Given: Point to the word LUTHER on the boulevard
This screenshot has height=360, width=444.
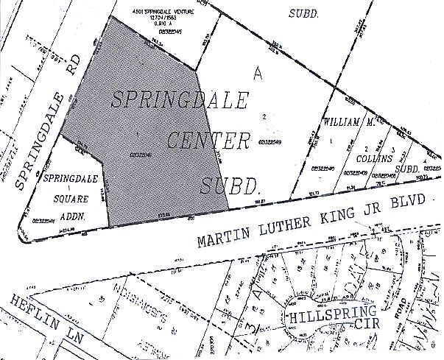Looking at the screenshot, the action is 287,225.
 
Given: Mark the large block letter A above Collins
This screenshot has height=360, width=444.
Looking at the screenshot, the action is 257,72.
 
